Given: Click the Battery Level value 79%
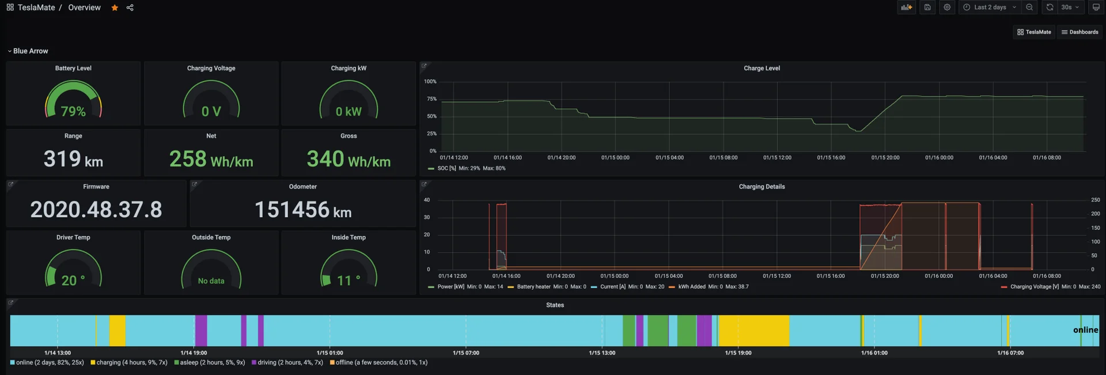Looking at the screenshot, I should tap(73, 111).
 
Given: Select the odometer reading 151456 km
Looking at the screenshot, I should tap(302, 210).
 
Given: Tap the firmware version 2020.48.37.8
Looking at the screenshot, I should tap(96, 210).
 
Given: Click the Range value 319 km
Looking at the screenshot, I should tap(73, 159).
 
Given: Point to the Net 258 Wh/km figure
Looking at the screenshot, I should tap(211, 159).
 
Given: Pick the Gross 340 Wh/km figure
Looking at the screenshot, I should tap(349, 159).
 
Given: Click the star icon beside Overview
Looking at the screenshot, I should tap(115, 7).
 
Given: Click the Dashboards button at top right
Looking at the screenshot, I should tap(1080, 32).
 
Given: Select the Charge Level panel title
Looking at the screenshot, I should tap(762, 68).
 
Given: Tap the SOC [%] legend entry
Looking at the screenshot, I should tap(446, 168).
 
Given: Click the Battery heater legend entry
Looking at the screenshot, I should tap(533, 286).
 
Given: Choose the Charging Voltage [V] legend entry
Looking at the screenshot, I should tap(1034, 286).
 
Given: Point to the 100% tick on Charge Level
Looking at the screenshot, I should tap(430, 82).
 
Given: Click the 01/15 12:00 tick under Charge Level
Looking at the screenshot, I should tap(777, 157).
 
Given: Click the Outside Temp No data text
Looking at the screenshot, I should tap(211, 281).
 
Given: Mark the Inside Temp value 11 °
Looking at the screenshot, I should tap(349, 281).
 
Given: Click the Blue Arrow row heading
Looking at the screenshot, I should tap(31, 51).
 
